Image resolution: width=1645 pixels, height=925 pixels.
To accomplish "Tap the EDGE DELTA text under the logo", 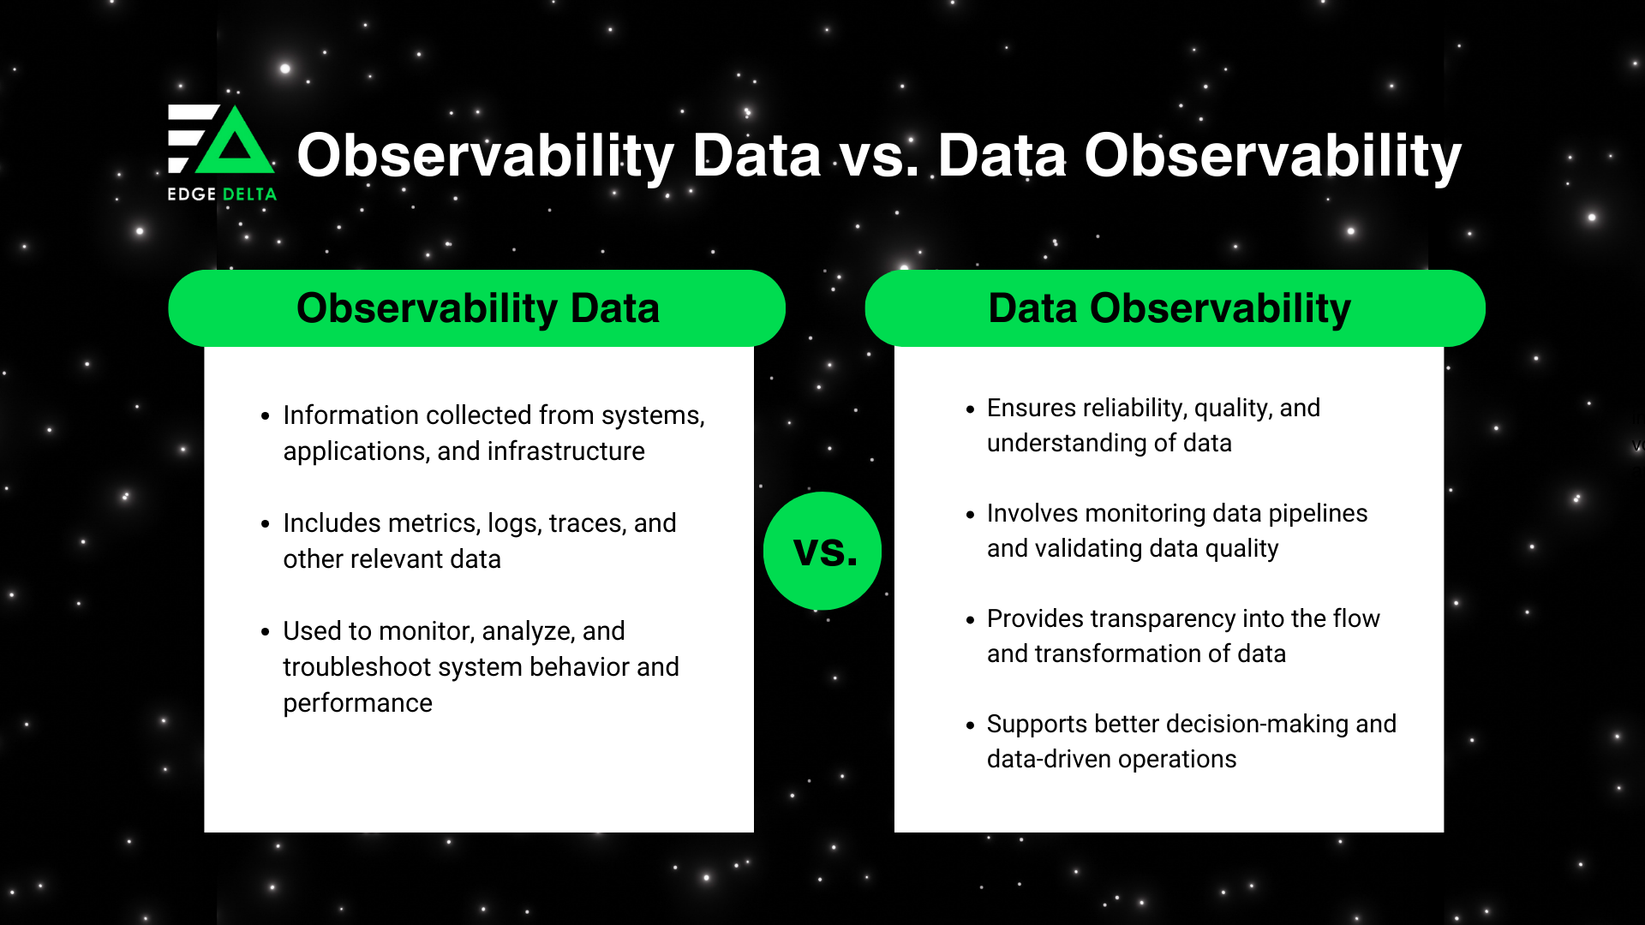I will point(222,194).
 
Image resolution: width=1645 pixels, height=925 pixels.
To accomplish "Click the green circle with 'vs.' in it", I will point(822,551).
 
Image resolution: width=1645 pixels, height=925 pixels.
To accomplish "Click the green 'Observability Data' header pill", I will point(477,308).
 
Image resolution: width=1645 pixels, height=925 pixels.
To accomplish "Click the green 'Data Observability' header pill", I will point(1174,308).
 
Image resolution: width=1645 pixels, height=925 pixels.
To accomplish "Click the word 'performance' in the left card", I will point(357,703).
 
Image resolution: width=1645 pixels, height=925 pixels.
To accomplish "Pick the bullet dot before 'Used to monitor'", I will point(265,632).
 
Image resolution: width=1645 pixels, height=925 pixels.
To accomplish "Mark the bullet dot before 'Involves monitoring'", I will point(970,515).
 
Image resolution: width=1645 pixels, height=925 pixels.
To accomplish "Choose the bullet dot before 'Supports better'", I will point(970,725).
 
